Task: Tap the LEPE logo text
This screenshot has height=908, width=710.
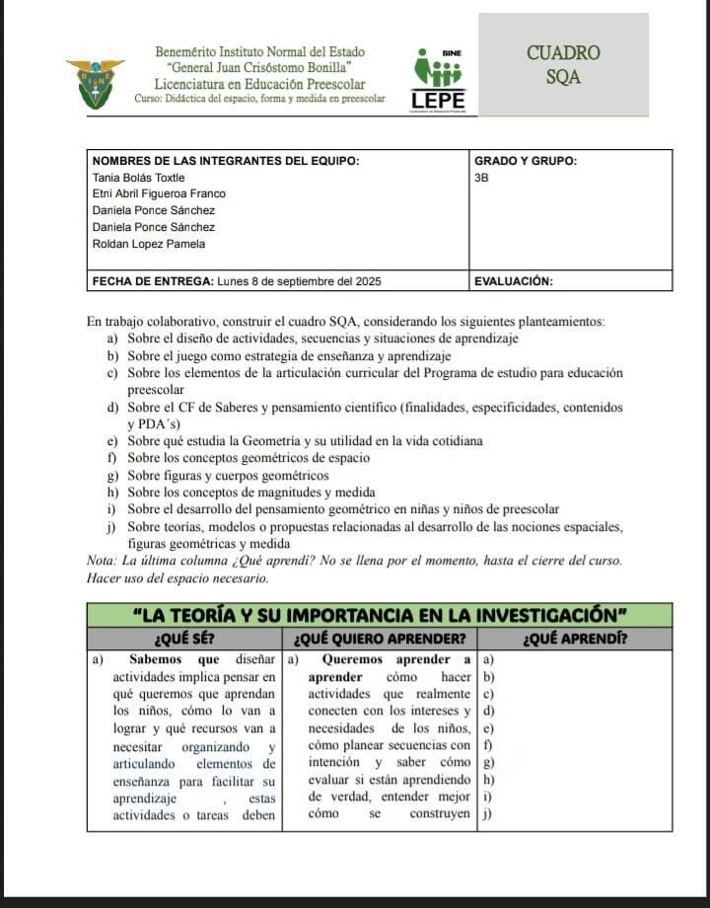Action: (438, 101)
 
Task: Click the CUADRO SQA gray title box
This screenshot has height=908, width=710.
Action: (563, 65)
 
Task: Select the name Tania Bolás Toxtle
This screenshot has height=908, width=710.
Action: (138, 177)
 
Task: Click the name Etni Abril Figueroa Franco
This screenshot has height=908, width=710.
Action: (158, 193)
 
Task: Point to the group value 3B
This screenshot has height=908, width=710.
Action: (482, 177)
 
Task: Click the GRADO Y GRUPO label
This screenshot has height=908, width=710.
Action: (526, 160)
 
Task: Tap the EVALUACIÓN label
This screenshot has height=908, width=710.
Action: (513, 281)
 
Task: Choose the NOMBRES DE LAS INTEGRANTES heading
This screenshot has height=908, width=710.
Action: (225, 160)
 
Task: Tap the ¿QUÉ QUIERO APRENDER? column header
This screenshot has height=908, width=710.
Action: (380, 638)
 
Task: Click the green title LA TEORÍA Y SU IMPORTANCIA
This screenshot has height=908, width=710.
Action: (381, 614)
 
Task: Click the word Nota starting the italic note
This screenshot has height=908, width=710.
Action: (102, 561)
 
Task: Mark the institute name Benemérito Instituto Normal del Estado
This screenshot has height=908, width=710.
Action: (259, 52)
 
